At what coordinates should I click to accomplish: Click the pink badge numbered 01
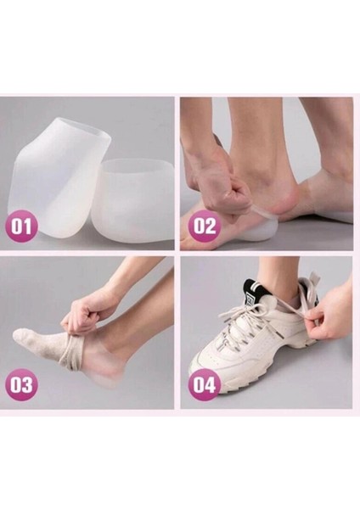point(21,227)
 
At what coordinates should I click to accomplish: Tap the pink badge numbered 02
point(205,226)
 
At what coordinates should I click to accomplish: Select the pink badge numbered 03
point(21,384)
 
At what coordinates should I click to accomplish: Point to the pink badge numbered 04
point(205,384)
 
